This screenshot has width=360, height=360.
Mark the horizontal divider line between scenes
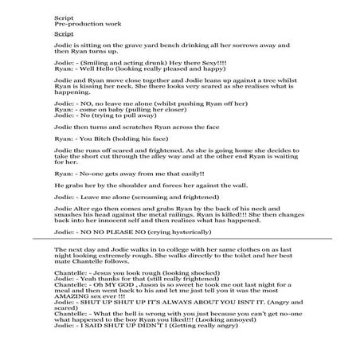[179, 238]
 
